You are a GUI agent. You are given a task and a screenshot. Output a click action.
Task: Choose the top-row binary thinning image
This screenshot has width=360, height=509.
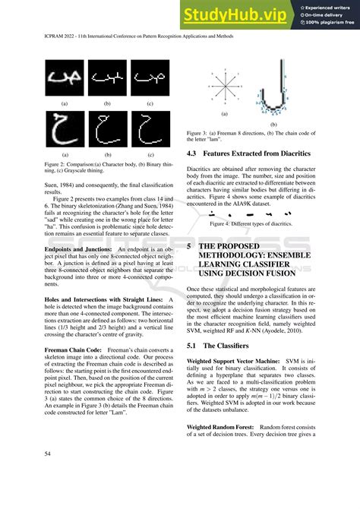click(107, 77)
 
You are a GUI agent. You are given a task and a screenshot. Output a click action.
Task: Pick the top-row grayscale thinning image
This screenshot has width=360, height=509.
click(150, 77)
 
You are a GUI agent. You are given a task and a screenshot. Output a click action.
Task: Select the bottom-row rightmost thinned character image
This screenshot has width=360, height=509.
click(150, 128)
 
